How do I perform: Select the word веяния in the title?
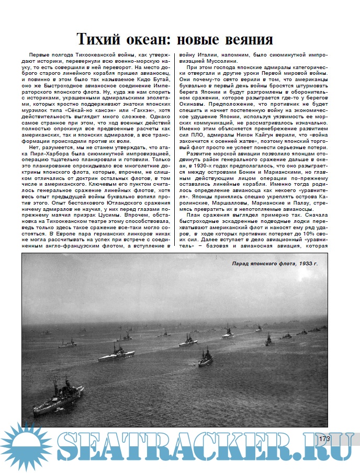click(x=246, y=40)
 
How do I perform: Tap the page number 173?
click(x=324, y=439)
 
